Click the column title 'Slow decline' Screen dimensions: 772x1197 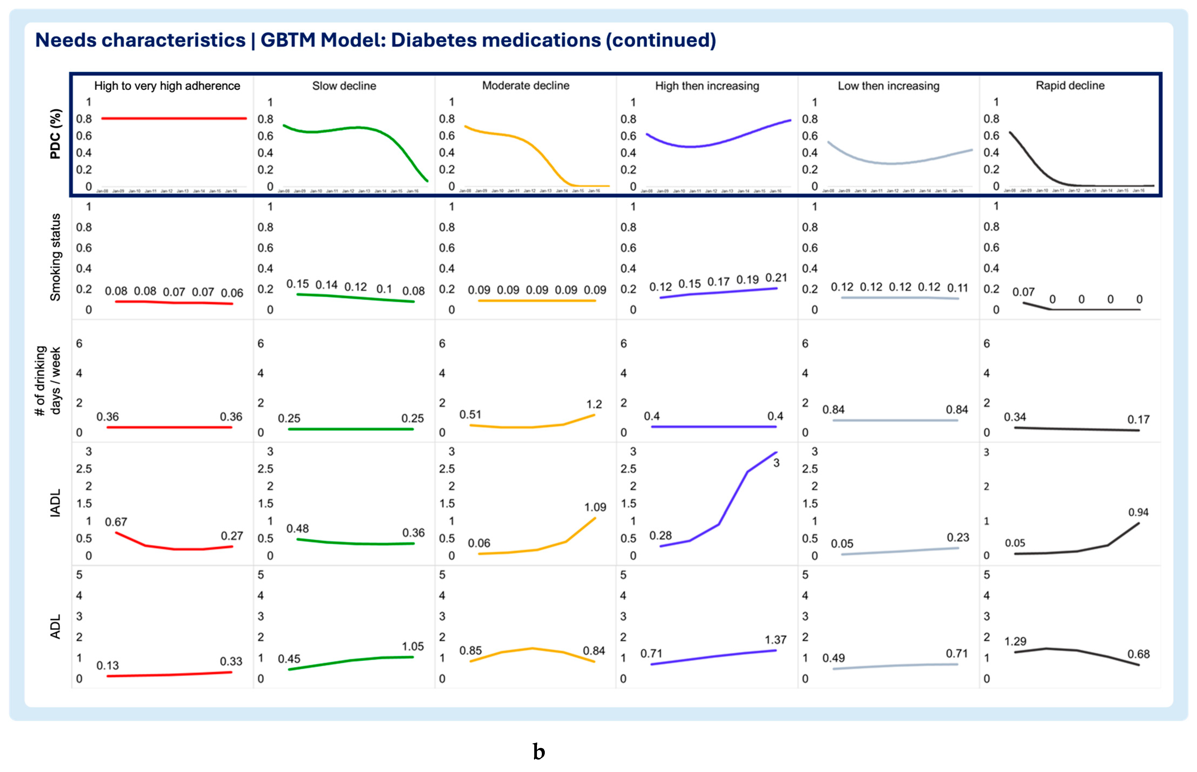pos(344,86)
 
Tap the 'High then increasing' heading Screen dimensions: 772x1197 pos(707,86)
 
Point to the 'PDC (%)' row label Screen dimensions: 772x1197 pos(55,134)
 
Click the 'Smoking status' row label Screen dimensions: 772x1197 pos(55,257)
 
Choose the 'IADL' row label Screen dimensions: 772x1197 pos(55,503)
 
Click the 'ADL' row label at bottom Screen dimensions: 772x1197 pos(55,627)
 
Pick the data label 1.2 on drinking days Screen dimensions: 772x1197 pos(594,404)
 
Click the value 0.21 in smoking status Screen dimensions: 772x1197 pos(776,278)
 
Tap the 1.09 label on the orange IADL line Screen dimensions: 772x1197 pos(595,507)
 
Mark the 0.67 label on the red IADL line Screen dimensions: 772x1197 pos(116,522)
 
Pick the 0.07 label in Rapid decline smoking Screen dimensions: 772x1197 pos(1023,292)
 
